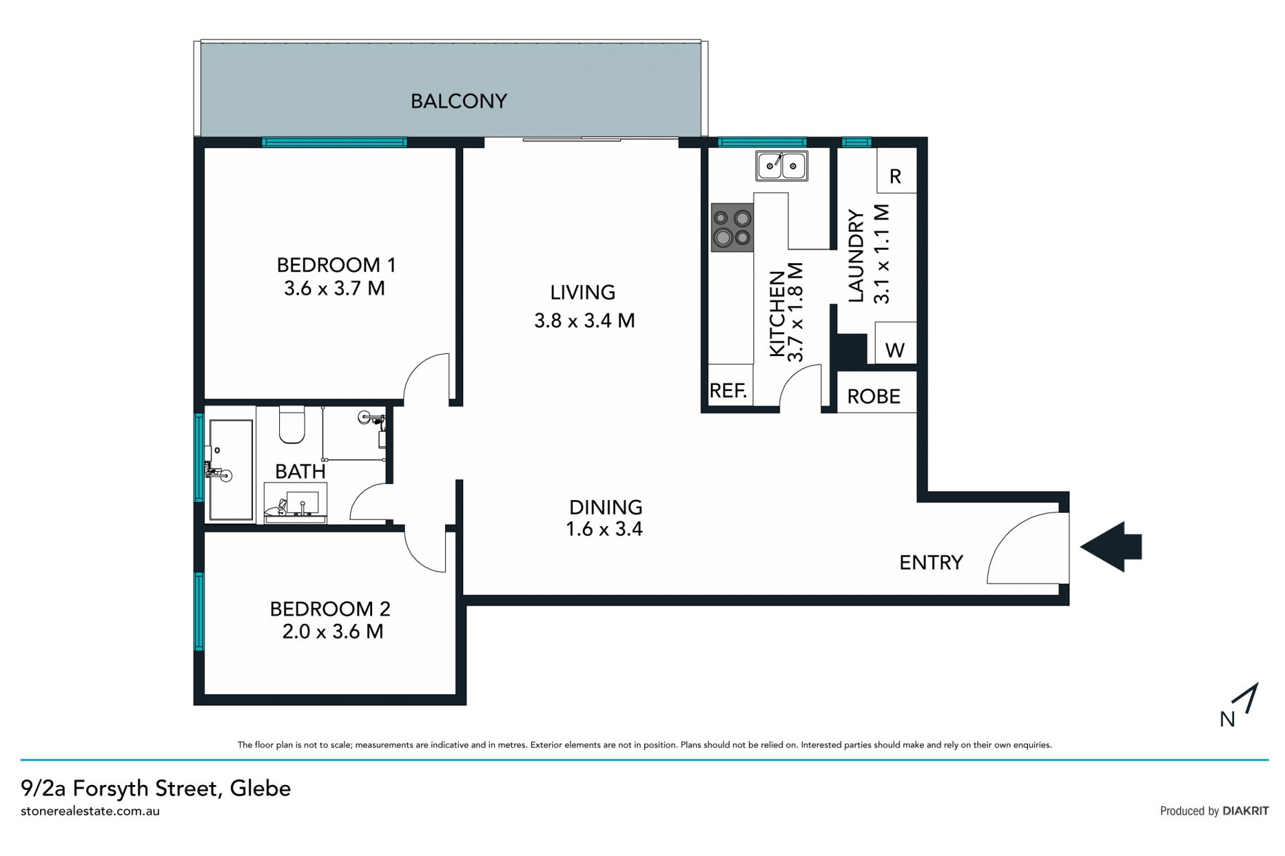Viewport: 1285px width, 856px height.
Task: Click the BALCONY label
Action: point(458,101)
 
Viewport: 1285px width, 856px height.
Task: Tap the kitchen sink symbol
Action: point(782,165)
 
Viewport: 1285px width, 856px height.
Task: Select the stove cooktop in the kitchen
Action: point(732,228)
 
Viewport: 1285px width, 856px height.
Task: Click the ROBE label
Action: point(873,396)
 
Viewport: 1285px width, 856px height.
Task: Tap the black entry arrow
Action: point(1111,547)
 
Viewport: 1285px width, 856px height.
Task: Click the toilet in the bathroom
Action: point(292,424)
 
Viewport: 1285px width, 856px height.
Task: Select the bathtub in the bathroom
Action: point(231,470)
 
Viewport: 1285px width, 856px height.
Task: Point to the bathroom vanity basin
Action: point(295,507)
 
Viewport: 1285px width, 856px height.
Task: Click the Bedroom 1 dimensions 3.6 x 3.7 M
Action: point(334,288)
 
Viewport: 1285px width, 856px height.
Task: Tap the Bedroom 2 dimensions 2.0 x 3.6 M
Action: point(333,631)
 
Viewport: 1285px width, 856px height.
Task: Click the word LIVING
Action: point(582,292)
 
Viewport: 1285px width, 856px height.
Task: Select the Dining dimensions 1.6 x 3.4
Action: point(604,529)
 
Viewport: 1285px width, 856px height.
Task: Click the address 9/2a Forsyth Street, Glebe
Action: point(156,788)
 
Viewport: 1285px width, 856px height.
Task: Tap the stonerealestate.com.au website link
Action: point(90,811)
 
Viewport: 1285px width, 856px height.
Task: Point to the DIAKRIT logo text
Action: point(1246,810)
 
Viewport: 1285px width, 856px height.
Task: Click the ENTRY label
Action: point(931,562)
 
